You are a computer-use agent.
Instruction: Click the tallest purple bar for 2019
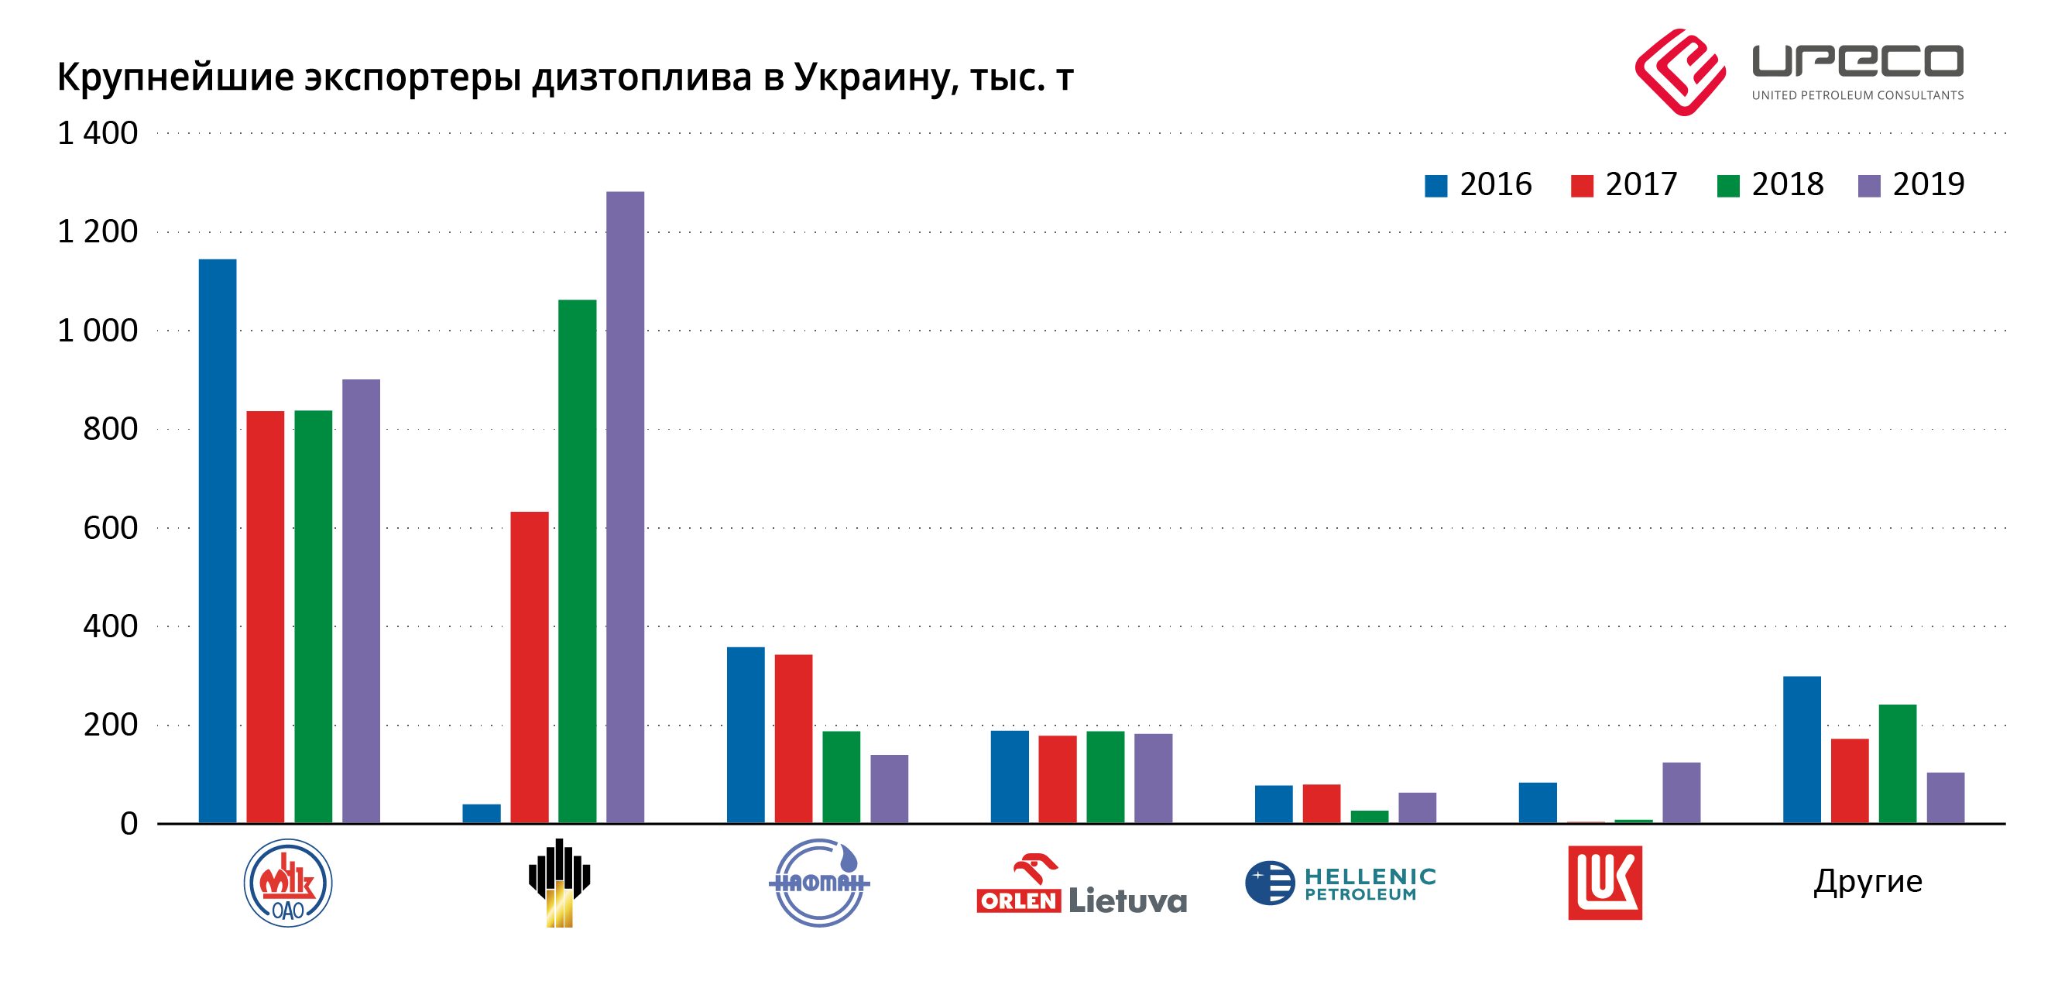tap(625, 506)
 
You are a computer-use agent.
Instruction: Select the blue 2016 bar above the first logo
tap(218, 541)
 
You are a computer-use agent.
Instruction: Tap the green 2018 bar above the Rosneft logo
tap(577, 561)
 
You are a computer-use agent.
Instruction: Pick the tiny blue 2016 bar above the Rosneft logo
tap(481, 813)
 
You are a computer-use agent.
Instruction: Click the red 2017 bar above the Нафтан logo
tap(794, 738)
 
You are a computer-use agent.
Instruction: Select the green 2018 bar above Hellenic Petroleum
tap(1370, 816)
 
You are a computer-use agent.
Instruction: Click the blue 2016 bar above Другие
tap(1802, 749)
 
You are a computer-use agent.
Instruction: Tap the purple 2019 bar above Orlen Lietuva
tap(1153, 778)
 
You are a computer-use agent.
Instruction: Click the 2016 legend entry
tap(1479, 184)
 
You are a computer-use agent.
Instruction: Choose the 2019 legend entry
tap(1912, 184)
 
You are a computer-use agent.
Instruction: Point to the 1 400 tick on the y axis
tap(98, 132)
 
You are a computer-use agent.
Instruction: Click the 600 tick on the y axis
tap(110, 528)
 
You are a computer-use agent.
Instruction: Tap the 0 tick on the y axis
tap(129, 824)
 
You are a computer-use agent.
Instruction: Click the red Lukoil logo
tap(1604, 883)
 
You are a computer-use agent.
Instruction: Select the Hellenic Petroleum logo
tap(1340, 883)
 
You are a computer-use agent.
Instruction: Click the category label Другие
tap(1867, 882)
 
